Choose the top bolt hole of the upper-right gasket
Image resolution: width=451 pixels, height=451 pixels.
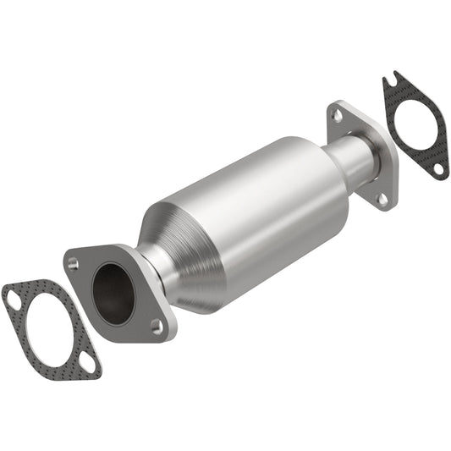pyautogui.click(x=389, y=82)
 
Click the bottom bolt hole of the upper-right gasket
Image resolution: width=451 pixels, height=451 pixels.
pyautogui.click(x=437, y=169)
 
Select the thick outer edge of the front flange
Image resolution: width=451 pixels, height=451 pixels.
pyautogui.click(x=166, y=292)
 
